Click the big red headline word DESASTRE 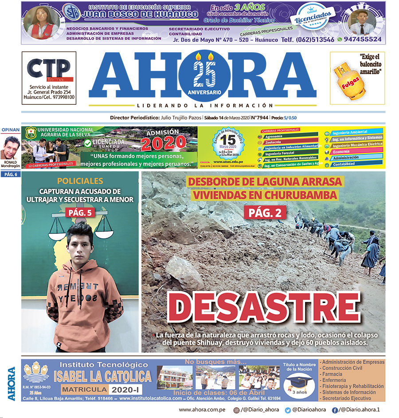tap(263, 307)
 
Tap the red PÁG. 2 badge tap(265, 213)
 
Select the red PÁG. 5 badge tap(80, 213)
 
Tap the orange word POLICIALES tap(80, 181)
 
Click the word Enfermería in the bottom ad tap(335, 380)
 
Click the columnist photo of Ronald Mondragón tap(10, 148)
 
